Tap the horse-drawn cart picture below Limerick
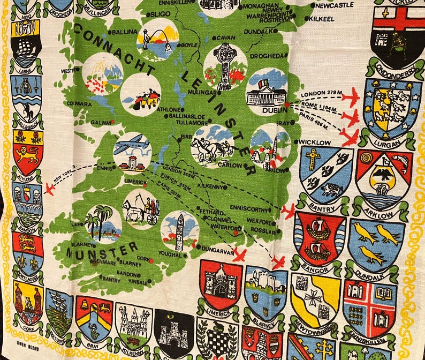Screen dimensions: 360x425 (x=141, y=208)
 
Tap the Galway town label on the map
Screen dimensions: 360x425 (x=98, y=122)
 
